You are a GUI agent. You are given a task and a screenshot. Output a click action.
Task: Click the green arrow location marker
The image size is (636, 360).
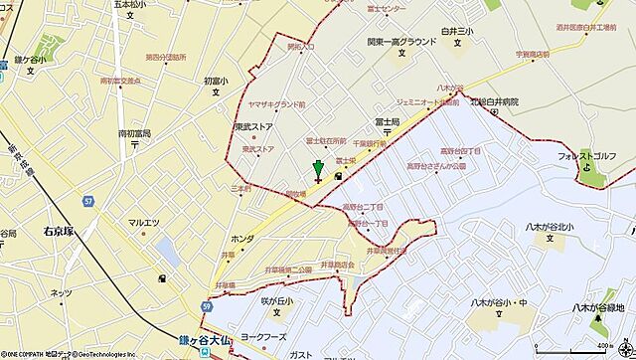click(318, 170)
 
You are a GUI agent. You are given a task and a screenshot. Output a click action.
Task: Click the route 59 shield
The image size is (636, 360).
click(207, 307)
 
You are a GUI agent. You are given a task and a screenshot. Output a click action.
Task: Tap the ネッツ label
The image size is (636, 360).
click(61, 291)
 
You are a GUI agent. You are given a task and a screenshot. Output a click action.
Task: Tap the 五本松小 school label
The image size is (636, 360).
click(128, 6)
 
